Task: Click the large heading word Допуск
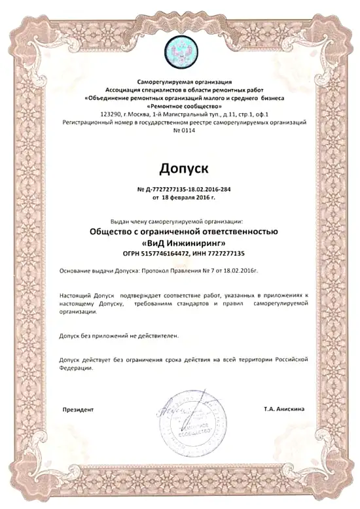coord(180,171)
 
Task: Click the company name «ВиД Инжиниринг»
coord(183,243)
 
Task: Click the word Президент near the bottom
coord(78,409)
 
